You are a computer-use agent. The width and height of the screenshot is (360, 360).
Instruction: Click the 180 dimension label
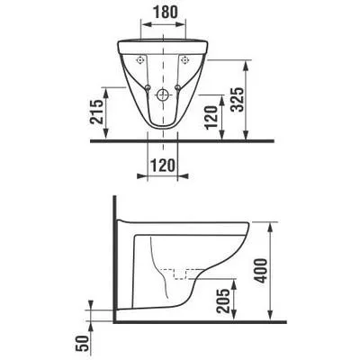[x=166, y=12]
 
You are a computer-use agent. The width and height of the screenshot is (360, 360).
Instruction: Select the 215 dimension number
[x=97, y=112]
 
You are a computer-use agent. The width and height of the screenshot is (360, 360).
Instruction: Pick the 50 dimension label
[x=83, y=343]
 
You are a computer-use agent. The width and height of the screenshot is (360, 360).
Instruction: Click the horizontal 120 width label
[x=162, y=166]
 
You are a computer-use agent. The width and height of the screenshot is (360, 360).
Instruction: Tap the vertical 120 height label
[x=211, y=117]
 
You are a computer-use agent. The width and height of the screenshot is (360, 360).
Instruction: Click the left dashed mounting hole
[x=139, y=60]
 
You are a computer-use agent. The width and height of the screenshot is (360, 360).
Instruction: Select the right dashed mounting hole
[x=185, y=60]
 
